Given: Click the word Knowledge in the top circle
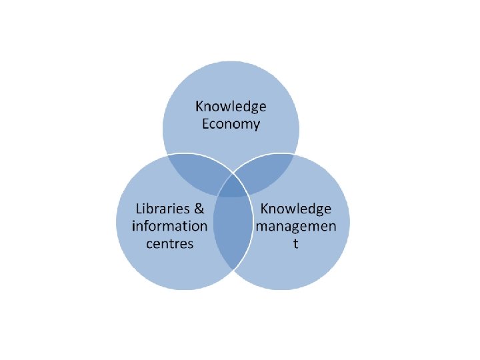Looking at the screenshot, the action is [x=231, y=107].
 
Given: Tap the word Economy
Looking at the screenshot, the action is [x=231, y=124].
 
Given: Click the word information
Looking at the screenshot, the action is [x=170, y=225].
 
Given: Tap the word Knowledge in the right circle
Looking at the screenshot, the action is [x=295, y=208].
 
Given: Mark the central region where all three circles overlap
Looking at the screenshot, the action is [x=232, y=186].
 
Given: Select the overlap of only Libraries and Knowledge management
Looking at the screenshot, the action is [x=232, y=230].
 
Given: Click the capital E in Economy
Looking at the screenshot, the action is [x=205, y=124].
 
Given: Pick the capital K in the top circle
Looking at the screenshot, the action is [x=199, y=107].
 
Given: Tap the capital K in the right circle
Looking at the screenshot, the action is [x=264, y=208].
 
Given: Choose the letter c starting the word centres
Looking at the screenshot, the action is [x=149, y=243].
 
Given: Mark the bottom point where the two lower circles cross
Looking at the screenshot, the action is [x=232, y=269].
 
